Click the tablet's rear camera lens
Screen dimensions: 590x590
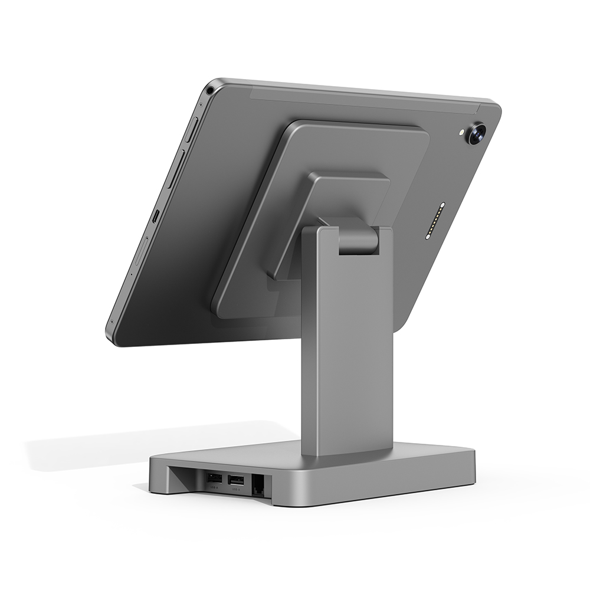(x=475, y=133)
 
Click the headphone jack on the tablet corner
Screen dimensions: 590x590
(x=210, y=91)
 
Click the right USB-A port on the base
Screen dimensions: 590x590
(x=235, y=480)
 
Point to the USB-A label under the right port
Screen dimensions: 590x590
(x=235, y=490)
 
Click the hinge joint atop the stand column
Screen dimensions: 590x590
(x=358, y=236)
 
